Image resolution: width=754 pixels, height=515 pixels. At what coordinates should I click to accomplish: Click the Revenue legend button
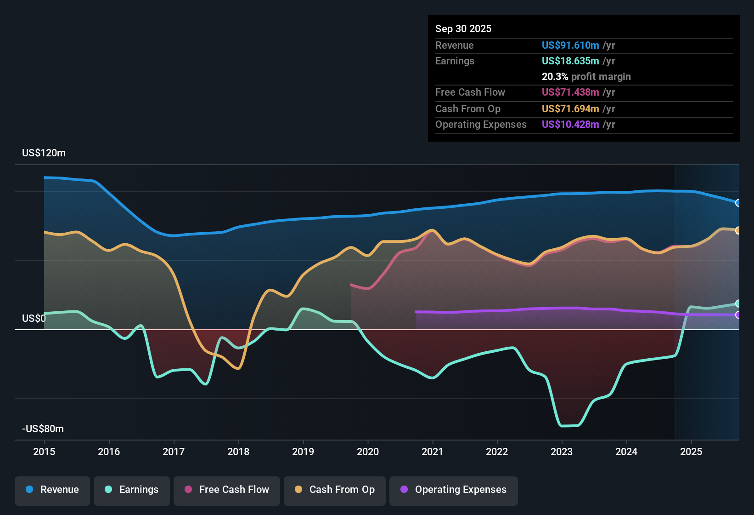coord(52,490)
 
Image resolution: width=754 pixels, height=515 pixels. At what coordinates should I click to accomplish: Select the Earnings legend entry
coord(132,490)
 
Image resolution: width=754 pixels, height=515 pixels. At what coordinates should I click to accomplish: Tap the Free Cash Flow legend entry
coord(227,490)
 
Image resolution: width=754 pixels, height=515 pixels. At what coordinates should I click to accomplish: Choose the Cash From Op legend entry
coord(335,490)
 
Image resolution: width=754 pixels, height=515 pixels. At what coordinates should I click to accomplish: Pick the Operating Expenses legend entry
coord(454,490)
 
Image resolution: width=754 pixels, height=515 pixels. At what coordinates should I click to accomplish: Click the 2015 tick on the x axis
coord(44,452)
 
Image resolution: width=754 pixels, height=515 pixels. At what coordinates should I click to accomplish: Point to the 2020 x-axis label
coord(368,452)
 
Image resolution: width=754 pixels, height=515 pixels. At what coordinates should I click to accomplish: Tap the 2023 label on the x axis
coord(562,452)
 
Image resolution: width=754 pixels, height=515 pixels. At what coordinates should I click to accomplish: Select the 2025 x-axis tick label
coord(691,452)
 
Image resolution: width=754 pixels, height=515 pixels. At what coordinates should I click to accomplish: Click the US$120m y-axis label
coord(44,153)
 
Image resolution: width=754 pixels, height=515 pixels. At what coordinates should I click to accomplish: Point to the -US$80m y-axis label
coord(43,429)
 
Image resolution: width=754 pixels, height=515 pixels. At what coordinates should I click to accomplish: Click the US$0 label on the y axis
coord(34,319)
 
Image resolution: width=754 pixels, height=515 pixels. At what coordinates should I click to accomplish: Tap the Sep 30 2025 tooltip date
coord(463,29)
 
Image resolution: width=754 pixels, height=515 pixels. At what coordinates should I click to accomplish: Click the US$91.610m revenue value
coord(570,45)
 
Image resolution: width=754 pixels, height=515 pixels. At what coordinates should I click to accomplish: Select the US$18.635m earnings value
coord(570,61)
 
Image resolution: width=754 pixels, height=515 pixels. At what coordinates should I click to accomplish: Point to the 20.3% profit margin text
coord(586,76)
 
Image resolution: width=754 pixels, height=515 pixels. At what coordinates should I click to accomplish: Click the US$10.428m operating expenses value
coord(570,124)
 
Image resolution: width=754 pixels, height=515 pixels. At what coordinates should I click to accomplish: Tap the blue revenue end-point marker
coord(738,203)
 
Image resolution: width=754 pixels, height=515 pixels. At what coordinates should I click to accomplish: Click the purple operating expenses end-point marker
coord(738,315)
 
